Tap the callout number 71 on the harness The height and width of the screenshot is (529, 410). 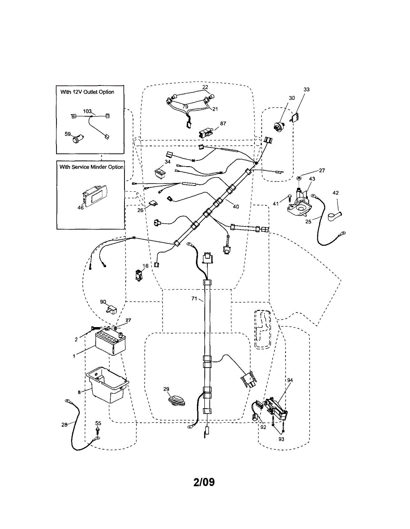click(x=194, y=299)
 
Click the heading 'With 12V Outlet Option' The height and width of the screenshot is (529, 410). click(x=87, y=92)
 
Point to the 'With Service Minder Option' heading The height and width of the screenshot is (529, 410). click(x=91, y=167)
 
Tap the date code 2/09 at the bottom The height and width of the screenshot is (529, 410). click(x=204, y=482)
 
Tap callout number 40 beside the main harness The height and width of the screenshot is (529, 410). click(x=236, y=206)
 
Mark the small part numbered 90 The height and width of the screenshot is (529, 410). click(x=111, y=309)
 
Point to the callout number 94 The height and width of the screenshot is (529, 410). click(x=290, y=380)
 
